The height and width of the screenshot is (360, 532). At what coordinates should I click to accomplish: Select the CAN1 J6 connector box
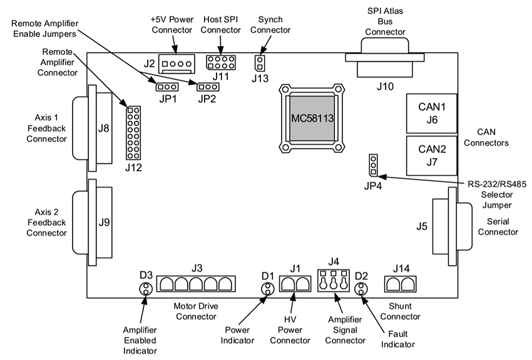click(x=431, y=111)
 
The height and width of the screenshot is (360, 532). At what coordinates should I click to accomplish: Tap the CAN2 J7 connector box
click(x=431, y=154)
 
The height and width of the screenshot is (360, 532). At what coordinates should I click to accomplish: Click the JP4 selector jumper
click(x=373, y=165)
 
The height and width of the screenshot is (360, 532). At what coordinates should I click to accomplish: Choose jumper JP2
click(x=207, y=87)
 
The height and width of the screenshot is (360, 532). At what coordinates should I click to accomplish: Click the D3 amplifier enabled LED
click(x=145, y=289)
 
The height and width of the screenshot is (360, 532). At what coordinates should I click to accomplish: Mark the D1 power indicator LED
click(x=268, y=289)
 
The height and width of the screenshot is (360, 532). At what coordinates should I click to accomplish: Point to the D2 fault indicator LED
click(x=361, y=289)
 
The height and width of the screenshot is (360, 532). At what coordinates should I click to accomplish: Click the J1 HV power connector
click(x=295, y=284)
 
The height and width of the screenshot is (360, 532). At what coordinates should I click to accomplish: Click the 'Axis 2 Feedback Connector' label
click(x=46, y=222)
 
